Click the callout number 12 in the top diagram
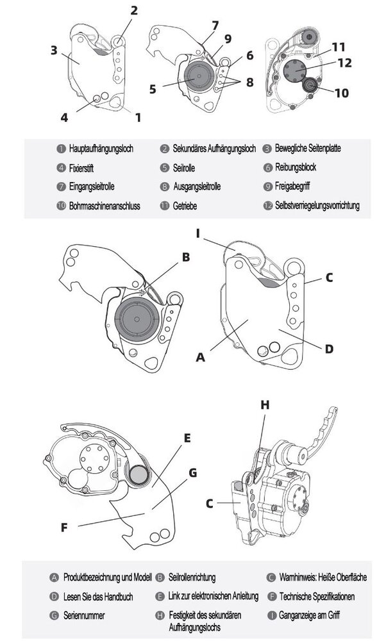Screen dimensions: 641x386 pos(344,63)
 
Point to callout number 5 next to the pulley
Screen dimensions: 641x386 pos(152,88)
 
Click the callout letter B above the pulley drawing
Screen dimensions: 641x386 pos(185,258)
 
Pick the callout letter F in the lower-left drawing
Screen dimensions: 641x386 pos(64,529)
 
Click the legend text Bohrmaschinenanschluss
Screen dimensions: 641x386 pos(104,206)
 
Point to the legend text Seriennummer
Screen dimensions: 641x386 pos(85,615)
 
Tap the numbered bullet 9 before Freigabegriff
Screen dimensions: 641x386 pos(267,187)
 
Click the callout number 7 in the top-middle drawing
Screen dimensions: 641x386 pos(215,26)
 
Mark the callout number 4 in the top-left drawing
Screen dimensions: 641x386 pos(64,117)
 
